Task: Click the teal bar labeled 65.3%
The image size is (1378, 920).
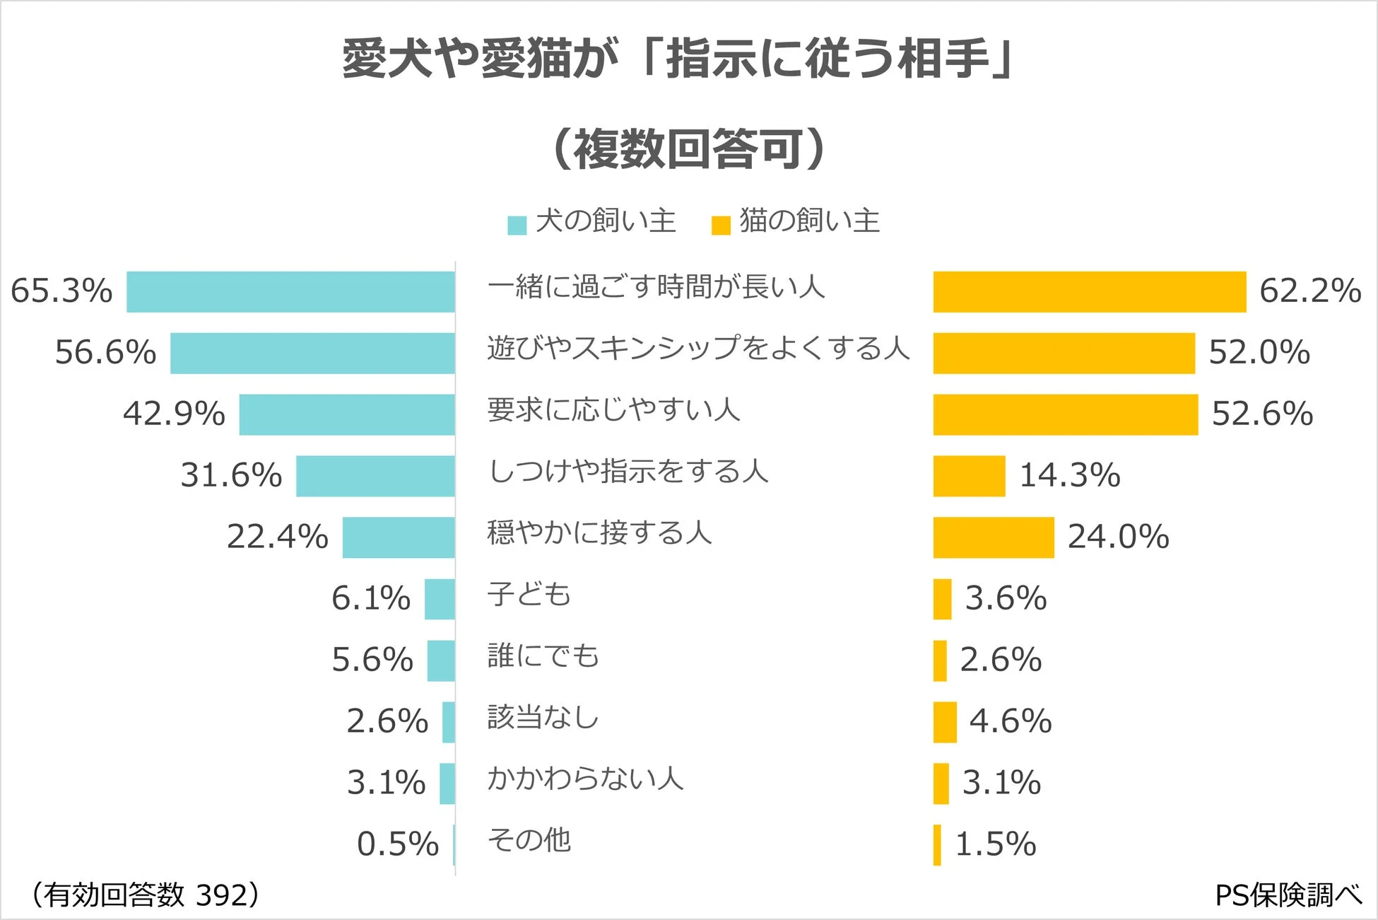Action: [290, 291]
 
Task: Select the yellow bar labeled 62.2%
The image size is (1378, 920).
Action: [1089, 291]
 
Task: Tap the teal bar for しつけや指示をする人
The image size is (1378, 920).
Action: [375, 476]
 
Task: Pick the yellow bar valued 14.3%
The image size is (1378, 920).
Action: [969, 476]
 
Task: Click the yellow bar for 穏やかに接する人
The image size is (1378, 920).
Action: [993, 537]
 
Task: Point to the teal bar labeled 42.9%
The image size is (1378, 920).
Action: [347, 414]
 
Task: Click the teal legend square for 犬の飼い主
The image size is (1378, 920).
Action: [517, 225]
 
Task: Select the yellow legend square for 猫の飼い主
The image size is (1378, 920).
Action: [720, 225]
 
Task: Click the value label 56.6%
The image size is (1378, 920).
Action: [105, 352]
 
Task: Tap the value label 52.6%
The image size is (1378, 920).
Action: [1262, 414]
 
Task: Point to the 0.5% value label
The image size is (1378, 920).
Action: [397, 844]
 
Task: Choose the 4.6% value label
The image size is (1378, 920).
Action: [1010, 721]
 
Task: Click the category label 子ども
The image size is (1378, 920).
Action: [529, 594]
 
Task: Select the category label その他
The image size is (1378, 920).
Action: [529, 840]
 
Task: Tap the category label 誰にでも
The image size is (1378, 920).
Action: [543, 656]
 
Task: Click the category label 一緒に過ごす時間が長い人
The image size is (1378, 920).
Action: [656, 287]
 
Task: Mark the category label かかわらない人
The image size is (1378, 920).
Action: [585, 779]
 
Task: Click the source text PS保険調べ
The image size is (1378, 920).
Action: [1288, 895]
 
